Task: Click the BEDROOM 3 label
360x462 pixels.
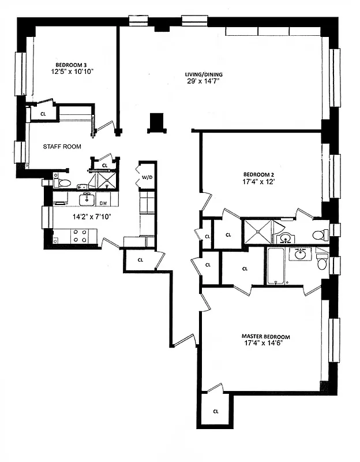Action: (x=72, y=64)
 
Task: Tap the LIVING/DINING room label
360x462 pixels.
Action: (x=204, y=74)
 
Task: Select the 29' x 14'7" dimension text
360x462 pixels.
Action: (x=204, y=81)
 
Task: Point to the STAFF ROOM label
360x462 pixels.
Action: (x=62, y=147)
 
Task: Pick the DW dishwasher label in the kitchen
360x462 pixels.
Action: (x=104, y=203)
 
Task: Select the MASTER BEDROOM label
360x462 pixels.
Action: (x=265, y=337)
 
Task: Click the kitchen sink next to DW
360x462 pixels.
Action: (x=86, y=199)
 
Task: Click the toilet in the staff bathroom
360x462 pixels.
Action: (x=63, y=183)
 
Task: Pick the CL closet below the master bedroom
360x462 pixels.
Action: (x=216, y=411)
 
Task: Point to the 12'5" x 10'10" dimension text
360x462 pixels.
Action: (x=72, y=72)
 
